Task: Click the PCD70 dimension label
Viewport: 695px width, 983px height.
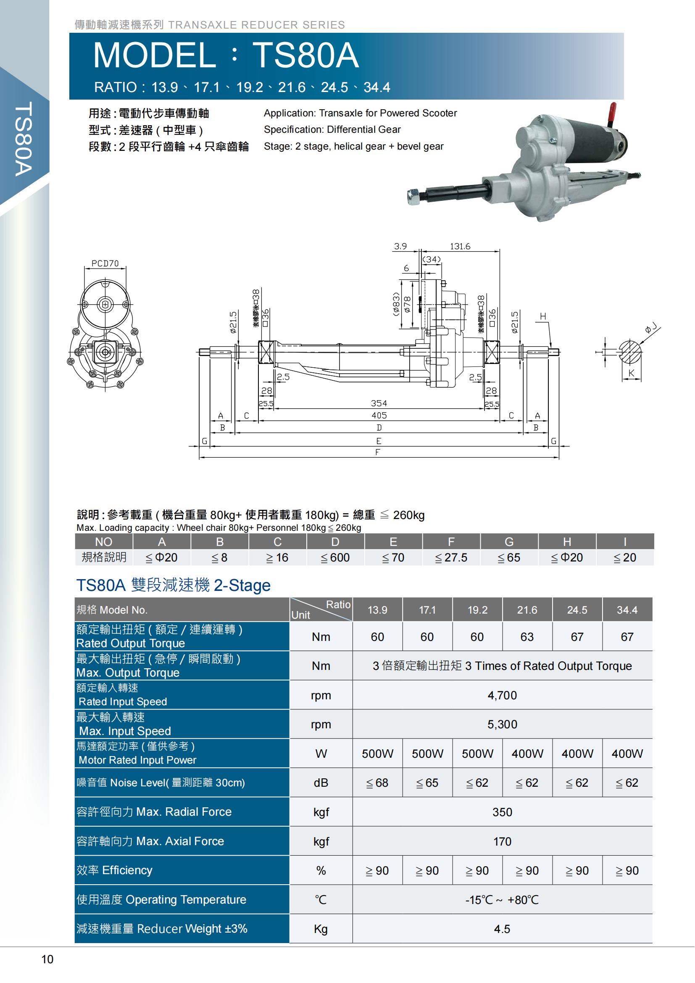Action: [105, 264]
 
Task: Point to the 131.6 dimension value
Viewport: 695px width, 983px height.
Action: [460, 246]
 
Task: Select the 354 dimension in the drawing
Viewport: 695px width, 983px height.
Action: [379, 403]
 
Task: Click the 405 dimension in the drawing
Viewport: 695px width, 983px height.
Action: [379, 415]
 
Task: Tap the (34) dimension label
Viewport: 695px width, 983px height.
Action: [432, 259]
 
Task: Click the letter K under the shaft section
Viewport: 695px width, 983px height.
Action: [631, 373]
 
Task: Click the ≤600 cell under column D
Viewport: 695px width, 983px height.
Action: [335, 557]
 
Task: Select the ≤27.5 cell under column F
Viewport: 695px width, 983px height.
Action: [451, 557]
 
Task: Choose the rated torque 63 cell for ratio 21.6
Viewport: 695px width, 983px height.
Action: [527, 637]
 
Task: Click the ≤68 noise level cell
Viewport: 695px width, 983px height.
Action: [377, 783]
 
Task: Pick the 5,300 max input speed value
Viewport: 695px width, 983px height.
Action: [502, 725]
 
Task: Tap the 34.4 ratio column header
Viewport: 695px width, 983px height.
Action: [627, 610]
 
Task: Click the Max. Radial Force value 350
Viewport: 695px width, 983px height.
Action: [502, 812]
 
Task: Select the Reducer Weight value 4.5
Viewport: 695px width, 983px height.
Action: [502, 929]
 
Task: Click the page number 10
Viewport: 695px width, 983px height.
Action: [47, 959]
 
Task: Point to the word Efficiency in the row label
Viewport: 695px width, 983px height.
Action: [127, 870]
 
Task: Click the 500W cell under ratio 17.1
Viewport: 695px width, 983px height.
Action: [427, 754]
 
